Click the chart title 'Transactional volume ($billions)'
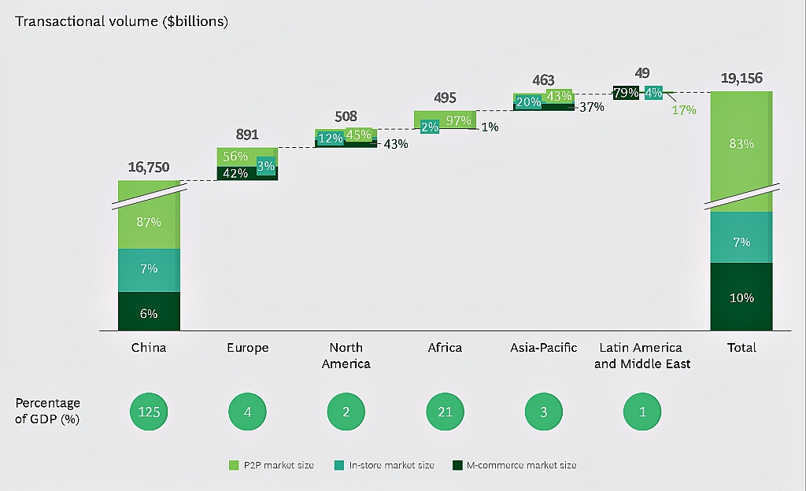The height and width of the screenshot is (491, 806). pyautogui.click(x=121, y=22)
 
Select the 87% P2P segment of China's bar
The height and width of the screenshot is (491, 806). pyautogui.click(x=149, y=222)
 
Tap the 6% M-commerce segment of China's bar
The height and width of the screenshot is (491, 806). pyautogui.click(x=149, y=313)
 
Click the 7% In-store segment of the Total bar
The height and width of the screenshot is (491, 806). pyautogui.click(x=741, y=242)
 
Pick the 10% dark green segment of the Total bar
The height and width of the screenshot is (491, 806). pyautogui.click(x=741, y=297)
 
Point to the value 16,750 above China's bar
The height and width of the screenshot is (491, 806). pyautogui.click(x=149, y=167)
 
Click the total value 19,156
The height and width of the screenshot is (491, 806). pyautogui.click(x=741, y=79)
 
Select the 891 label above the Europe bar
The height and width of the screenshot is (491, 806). pyautogui.click(x=246, y=135)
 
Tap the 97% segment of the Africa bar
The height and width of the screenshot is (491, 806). pyautogui.click(x=458, y=120)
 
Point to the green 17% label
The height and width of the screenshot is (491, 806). pyautogui.click(x=684, y=110)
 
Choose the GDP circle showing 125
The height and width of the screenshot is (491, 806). pyautogui.click(x=149, y=411)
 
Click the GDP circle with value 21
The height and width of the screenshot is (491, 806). pyautogui.click(x=445, y=411)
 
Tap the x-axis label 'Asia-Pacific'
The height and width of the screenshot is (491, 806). pyautogui.click(x=543, y=348)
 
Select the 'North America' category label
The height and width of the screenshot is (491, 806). pyautogui.click(x=346, y=356)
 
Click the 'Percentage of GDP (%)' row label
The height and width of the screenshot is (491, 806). pyautogui.click(x=47, y=411)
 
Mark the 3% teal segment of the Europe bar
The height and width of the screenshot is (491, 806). pyautogui.click(x=266, y=165)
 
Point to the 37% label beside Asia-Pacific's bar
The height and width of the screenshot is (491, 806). pyautogui.click(x=591, y=107)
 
